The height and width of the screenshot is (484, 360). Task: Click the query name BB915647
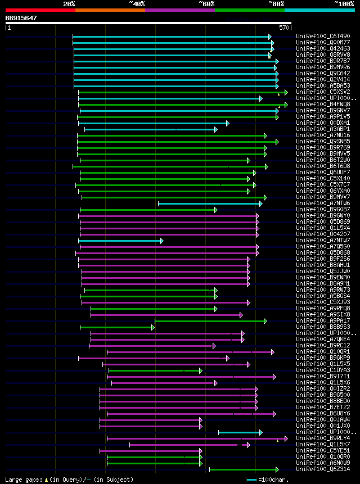coord(21,19)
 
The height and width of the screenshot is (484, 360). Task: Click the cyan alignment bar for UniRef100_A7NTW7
coord(120,241)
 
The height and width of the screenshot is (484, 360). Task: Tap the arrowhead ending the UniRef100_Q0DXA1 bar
coord(227,123)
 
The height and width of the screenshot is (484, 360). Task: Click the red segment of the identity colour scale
coord(40,10)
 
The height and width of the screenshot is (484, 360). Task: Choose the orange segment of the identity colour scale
coord(110,10)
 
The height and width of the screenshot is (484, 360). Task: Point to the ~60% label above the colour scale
coord(206,3)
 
